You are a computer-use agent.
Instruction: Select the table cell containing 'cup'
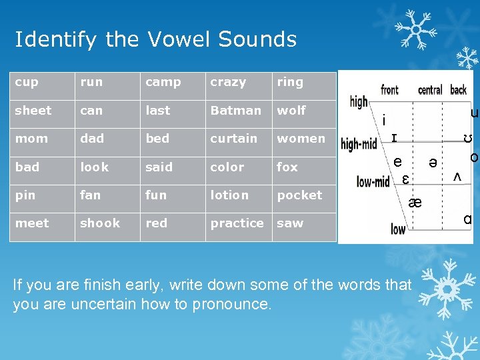[41, 82]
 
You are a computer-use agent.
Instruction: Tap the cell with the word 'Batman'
[237, 111]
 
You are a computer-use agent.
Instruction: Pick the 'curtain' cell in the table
[237, 139]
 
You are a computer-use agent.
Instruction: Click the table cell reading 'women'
[303, 139]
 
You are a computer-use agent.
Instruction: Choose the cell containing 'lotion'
[237, 195]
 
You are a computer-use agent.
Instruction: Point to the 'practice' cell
[237, 223]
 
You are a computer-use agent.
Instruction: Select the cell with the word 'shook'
[107, 223]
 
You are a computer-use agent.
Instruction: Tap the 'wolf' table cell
[303, 111]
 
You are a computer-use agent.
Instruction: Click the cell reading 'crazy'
[237, 82]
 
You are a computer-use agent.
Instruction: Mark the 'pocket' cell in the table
[303, 195]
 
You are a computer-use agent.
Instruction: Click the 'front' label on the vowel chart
[390, 90]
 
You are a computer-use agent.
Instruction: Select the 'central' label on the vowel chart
[430, 90]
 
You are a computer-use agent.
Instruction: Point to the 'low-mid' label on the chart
[373, 181]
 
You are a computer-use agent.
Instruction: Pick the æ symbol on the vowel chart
[415, 203]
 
